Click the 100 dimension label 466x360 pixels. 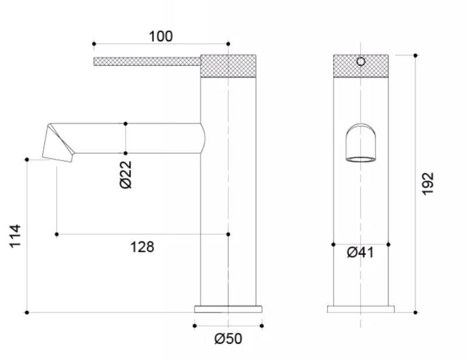(x=161, y=36)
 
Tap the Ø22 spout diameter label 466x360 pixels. (x=126, y=175)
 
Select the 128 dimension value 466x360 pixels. (x=142, y=247)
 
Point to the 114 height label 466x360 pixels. (x=15, y=236)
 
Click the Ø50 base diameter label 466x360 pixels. (x=228, y=338)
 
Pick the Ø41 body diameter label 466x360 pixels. (x=360, y=253)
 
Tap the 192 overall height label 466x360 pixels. (x=428, y=183)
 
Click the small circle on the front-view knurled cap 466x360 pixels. (x=361, y=62)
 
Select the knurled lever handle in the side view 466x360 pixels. (x=147, y=62)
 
